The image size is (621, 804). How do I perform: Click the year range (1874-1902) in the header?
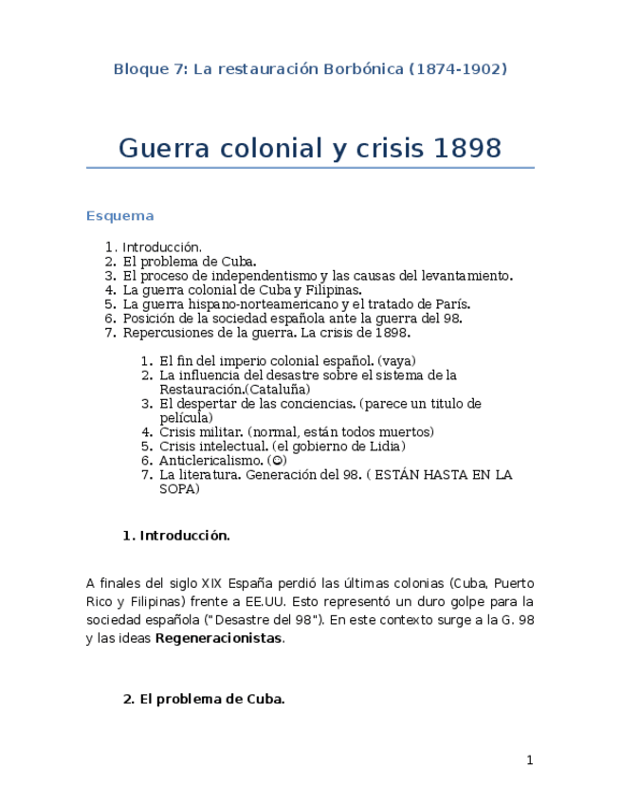[458, 69]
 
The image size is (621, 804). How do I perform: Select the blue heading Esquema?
[119, 216]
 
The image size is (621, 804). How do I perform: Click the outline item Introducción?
[162, 247]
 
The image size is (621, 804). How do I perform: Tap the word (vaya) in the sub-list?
[396, 361]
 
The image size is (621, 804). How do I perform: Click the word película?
[186, 417]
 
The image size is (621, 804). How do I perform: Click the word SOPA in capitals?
[179, 489]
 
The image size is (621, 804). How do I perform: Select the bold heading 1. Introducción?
[176, 536]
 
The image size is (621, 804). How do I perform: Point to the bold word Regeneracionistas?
[218, 638]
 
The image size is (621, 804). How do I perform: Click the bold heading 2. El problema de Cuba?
[204, 700]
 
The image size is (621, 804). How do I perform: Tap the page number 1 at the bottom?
[530, 760]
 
